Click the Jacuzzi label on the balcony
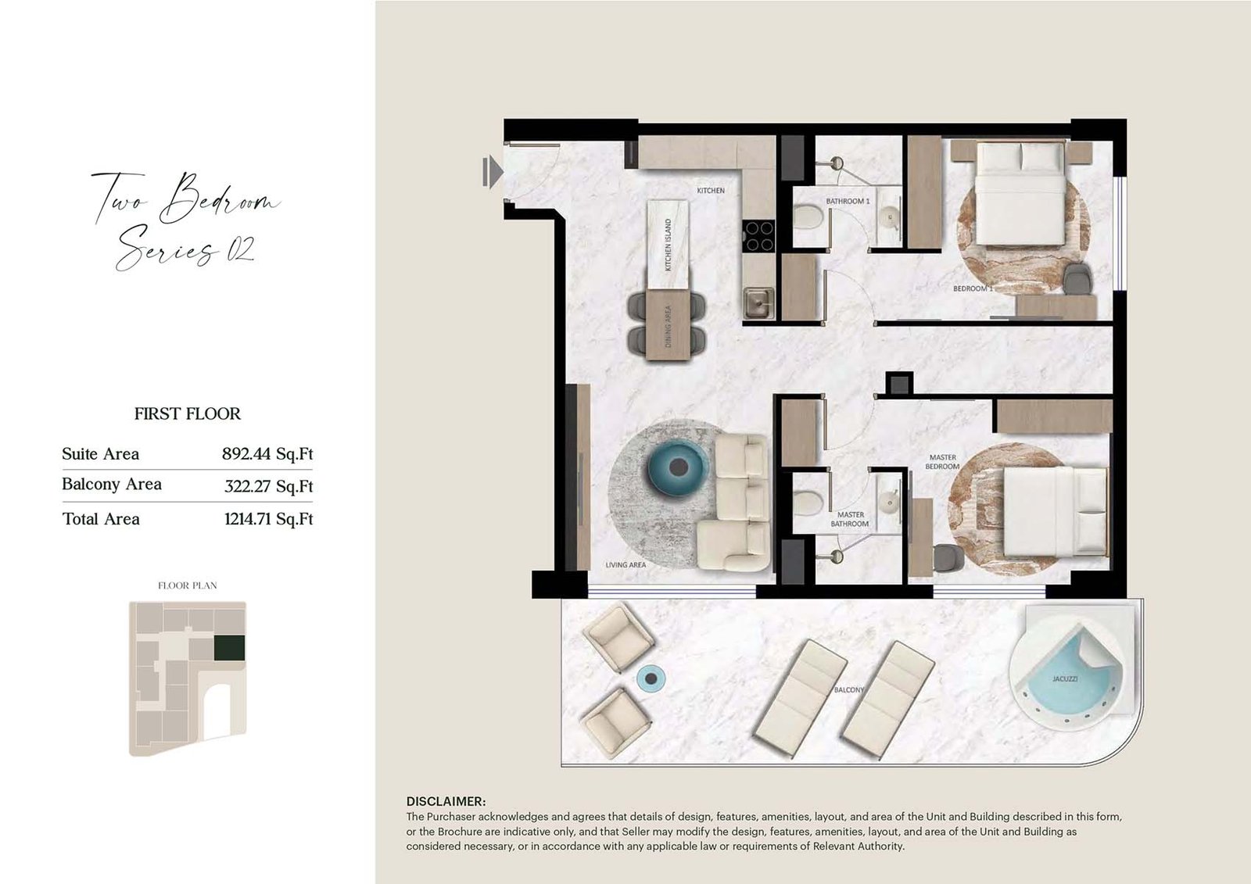tap(1064, 679)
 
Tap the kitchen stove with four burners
tap(758, 236)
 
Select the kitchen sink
tap(758, 303)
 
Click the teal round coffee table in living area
tap(677, 467)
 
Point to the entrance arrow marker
tap(492, 171)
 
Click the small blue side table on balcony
tap(651, 678)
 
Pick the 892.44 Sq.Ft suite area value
tap(267, 453)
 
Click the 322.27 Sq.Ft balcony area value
tap(269, 486)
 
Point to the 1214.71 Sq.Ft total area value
tap(269, 519)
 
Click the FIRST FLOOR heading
tap(187, 413)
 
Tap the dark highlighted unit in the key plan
tap(230, 648)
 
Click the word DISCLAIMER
tap(446, 801)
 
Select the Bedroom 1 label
tap(973, 288)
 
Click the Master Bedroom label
tap(943, 462)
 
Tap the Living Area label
tap(625, 564)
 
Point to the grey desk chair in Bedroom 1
tap(1079, 277)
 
